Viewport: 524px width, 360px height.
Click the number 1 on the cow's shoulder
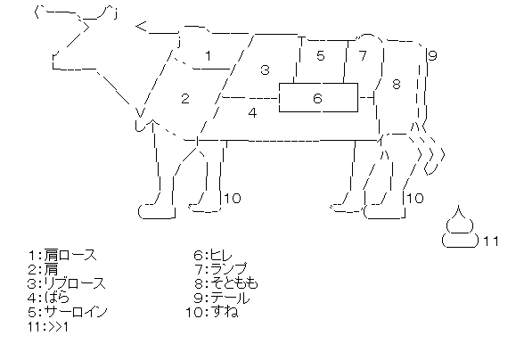pyautogui.click(x=209, y=55)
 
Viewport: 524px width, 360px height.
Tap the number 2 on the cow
pyautogui.click(x=185, y=98)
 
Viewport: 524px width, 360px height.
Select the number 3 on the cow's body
pyautogui.click(x=265, y=70)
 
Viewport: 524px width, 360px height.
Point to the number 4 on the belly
pyautogui.click(x=253, y=112)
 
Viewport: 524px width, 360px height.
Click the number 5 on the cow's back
pyautogui.click(x=321, y=55)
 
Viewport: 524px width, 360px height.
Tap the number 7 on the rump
pyautogui.click(x=363, y=55)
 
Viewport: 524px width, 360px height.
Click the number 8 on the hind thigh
pyautogui.click(x=397, y=84)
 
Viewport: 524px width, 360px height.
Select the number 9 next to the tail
pyautogui.click(x=432, y=55)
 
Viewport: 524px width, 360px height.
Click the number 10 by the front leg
pyautogui.click(x=233, y=198)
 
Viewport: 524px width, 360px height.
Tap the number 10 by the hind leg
pyautogui.click(x=415, y=198)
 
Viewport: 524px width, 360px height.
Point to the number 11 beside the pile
pyautogui.click(x=491, y=241)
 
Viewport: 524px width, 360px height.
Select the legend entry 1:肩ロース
pyautogui.click(x=62, y=256)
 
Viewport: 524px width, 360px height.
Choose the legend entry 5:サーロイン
pyautogui.click(x=68, y=312)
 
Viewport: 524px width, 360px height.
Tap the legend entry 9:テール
pyautogui.click(x=222, y=298)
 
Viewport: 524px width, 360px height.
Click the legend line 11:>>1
pyautogui.click(x=48, y=326)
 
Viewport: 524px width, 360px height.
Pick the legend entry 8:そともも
pyautogui.click(x=226, y=283)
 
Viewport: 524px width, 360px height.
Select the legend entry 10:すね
pyautogui.click(x=212, y=312)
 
